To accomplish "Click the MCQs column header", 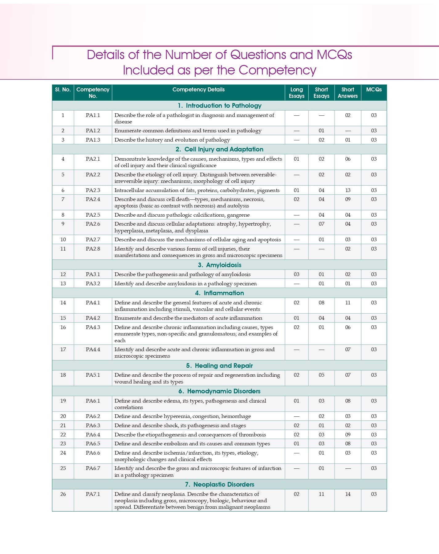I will pyautogui.click(x=374, y=90).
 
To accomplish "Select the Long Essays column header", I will pyautogui.click(x=296, y=93).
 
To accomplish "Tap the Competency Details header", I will pyautogui.click(x=198, y=90).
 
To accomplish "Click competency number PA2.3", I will pyautogui.click(x=93, y=190).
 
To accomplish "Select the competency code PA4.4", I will pyautogui.click(x=93, y=349).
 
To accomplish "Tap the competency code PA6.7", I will pyautogui.click(x=93, y=468).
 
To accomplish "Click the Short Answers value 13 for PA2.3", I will pyautogui.click(x=348, y=190).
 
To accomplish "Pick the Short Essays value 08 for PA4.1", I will pyautogui.click(x=321, y=303).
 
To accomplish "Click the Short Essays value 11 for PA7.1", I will pyautogui.click(x=321, y=494).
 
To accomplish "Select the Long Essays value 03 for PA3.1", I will pyautogui.click(x=296, y=274).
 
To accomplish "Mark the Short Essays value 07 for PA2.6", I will pyautogui.click(x=321, y=224).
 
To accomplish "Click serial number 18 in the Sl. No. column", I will pyautogui.click(x=63, y=375).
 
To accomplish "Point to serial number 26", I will pyautogui.click(x=63, y=494).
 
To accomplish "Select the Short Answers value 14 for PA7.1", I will pyautogui.click(x=348, y=494).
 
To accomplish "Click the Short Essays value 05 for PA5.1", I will pyautogui.click(x=321, y=375).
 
